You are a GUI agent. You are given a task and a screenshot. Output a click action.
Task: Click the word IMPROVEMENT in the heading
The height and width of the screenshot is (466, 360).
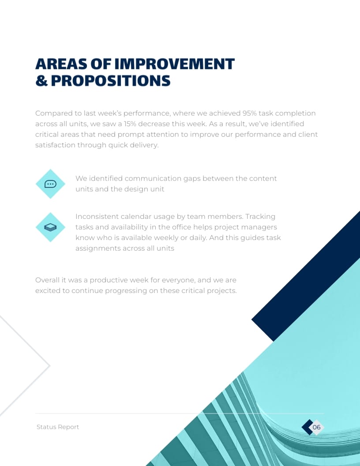pyautogui.click(x=174, y=64)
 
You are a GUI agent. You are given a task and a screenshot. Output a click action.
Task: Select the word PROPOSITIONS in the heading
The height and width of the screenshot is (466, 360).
pyautogui.click(x=110, y=81)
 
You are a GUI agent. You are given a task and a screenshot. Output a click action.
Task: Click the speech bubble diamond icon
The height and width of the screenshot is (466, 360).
pyautogui.click(x=50, y=184)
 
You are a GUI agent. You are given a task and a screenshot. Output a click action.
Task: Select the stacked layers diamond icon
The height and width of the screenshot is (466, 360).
pyautogui.click(x=50, y=227)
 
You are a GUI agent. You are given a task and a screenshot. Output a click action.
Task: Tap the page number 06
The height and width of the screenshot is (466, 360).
pyautogui.click(x=317, y=427)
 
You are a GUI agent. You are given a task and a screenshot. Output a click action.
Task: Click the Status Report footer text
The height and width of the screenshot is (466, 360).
pyautogui.click(x=58, y=427)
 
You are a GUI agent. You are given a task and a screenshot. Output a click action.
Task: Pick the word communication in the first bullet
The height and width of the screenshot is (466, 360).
pyautogui.click(x=153, y=179)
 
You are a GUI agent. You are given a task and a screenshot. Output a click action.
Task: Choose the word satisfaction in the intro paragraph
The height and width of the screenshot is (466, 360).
pyautogui.click(x=55, y=145)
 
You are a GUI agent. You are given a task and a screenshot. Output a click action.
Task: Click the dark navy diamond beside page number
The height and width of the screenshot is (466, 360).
pyautogui.click(x=306, y=427)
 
